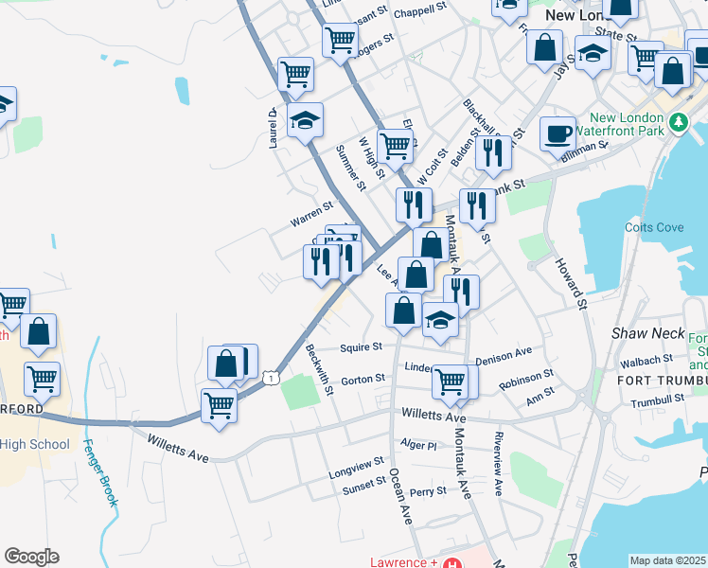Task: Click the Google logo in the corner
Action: [x=31, y=557]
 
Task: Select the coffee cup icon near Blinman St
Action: [x=558, y=133]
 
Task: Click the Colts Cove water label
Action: [x=654, y=227]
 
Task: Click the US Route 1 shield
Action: [x=271, y=378]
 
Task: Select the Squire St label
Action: [x=362, y=346]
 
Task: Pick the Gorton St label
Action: [x=363, y=379]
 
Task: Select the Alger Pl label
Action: [x=418, y=445]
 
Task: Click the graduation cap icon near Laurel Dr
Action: [x=305, y=120]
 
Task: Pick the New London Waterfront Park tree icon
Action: [x=678, y=122]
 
